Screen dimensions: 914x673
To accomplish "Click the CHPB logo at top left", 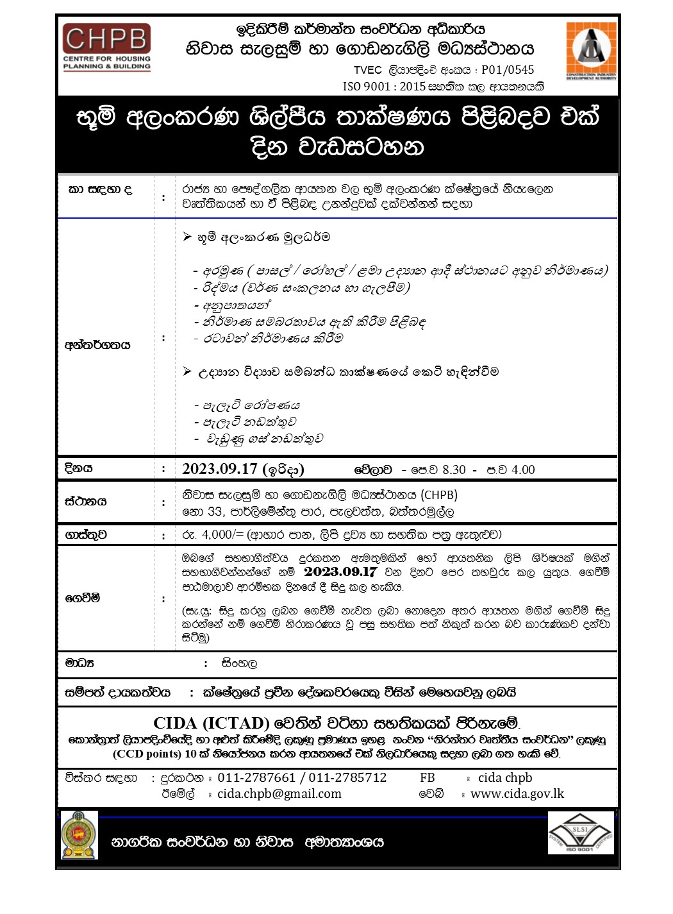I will coord(106,47).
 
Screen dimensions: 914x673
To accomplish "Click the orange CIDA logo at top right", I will coord(591,51).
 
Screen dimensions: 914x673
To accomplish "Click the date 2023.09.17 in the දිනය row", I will coord(219,470).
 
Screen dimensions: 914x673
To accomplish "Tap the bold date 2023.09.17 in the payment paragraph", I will coord(340,571).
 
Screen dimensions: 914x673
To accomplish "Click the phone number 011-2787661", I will coord(256,778).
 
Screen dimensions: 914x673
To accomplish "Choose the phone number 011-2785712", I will coord(347,778).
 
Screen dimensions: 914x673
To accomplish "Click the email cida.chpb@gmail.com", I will coord(279,794).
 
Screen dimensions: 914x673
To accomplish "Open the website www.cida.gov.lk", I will coord(517,794).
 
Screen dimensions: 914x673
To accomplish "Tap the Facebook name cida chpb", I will coord(505,778).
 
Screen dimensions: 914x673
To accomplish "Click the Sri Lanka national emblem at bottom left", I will coord(79,834).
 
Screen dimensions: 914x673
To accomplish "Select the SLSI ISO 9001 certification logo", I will coord(580,833).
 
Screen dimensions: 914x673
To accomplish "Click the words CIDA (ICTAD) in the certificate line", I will coord(212,724).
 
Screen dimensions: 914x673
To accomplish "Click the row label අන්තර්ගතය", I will coord(97,345).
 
